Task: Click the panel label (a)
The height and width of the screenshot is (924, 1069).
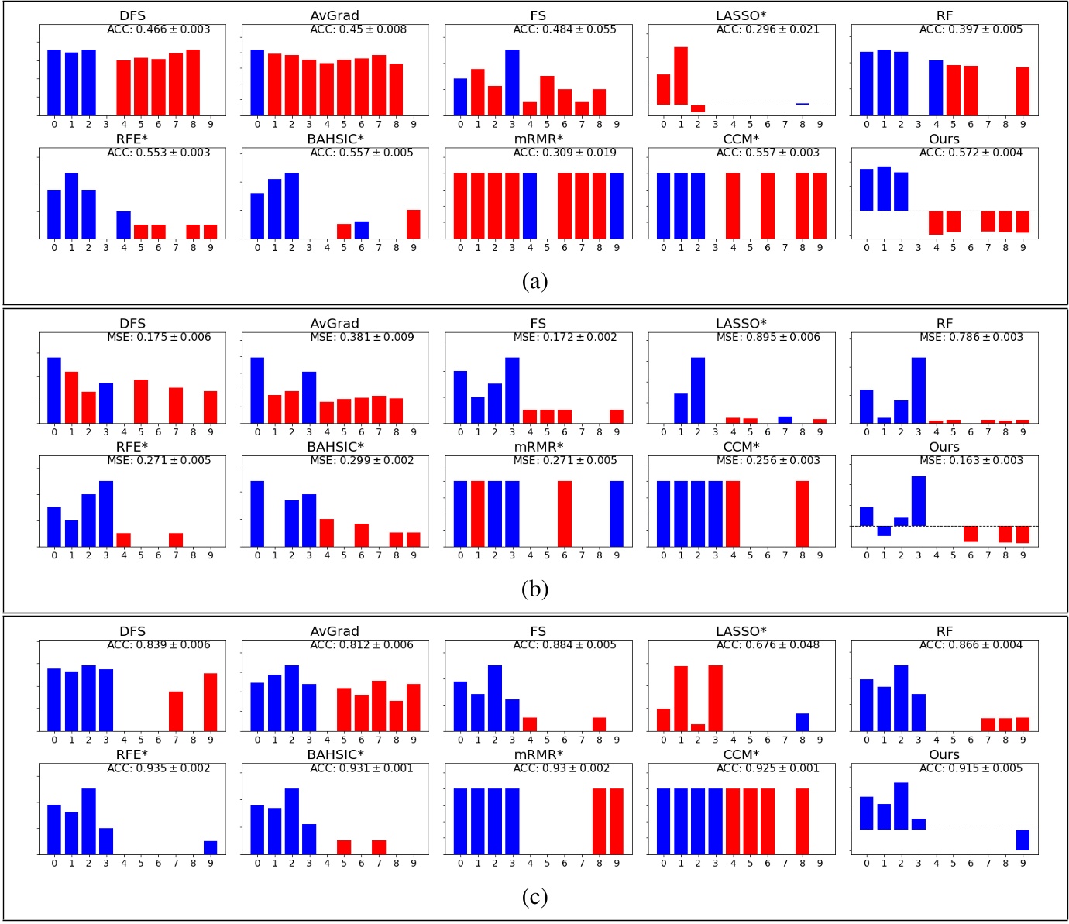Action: point(534,281)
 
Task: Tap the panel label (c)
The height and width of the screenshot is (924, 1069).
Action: point(534,897)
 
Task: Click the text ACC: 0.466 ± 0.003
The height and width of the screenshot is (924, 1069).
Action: point(158,29)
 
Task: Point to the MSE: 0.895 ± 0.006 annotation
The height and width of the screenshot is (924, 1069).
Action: point(768,337)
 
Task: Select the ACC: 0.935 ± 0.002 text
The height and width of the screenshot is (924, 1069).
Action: point(158,768)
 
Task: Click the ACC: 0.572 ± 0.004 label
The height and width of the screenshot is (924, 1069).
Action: point(971,153)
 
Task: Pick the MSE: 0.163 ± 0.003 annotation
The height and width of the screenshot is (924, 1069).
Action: point(971,460)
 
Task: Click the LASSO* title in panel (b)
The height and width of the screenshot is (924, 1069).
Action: point(741,324)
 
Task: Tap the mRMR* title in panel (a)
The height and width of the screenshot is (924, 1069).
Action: point(538,139)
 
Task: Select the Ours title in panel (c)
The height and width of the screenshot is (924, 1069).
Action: point(944,755)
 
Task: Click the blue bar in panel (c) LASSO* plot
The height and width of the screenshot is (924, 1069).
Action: point(802,722)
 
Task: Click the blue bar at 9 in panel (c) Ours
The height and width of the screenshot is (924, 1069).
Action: point(1023,840)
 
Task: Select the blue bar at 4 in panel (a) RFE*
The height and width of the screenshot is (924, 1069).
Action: point(123,225)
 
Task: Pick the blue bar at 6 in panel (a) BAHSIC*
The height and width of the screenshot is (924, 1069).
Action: point(361,230)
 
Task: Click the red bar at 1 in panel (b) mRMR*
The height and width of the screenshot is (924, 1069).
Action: point(478,514)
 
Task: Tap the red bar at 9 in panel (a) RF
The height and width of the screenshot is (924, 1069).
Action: point(1023,91)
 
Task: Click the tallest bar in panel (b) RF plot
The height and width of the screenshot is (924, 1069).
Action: point(919,390)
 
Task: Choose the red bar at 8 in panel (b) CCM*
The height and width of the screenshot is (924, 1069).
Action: point(802,514)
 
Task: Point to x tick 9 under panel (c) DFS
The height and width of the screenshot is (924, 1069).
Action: point(211,740)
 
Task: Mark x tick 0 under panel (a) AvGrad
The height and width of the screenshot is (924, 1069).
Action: point(257,125)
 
